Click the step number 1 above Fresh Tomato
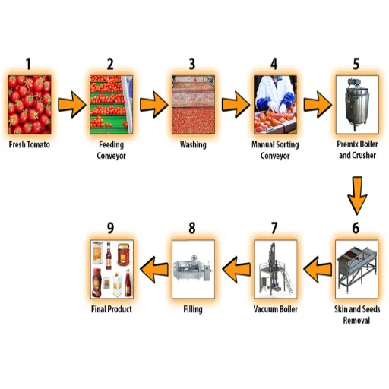tap(28, 64)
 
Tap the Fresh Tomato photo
tap(30, 104)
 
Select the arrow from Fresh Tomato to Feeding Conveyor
tap(72, 104)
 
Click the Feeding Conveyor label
tap(112, 150)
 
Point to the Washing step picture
tap(193, 104)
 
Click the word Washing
tap(193, 145)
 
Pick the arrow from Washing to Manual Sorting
tap(236, 104)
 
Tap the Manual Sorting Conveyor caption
tap(275, 150)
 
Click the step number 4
tap(274, 64)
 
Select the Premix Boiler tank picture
tap(357, 104)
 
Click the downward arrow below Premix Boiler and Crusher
tap(357, 196)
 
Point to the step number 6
tap(356, 228)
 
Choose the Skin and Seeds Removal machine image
tap(357, 269)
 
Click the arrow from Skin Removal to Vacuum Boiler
tap(318, 269)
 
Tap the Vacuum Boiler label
tap(276, 309)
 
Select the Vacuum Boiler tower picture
tap(275, 269)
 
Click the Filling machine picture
tap(193, 269)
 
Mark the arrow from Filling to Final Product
tap(154, 269)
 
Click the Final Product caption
tap(112, 309)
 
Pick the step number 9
tap(110, 228)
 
